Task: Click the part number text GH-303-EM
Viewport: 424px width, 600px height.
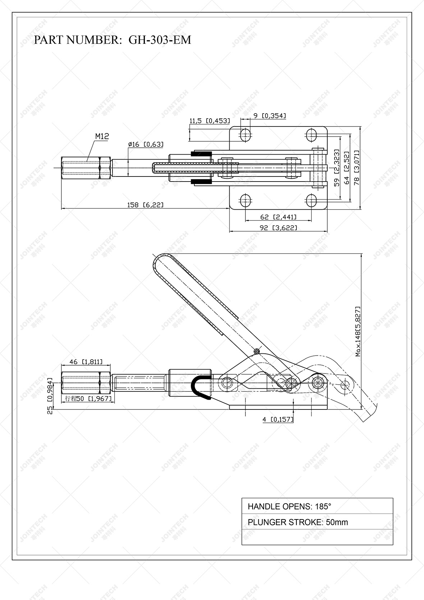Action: click(x=160, y=40)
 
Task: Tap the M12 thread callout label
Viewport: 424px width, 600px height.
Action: click(x=102, y=137)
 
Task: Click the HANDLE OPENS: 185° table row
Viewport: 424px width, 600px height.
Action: click(x=317, y=507)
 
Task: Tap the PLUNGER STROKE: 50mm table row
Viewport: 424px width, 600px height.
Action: click(x=317, y=522)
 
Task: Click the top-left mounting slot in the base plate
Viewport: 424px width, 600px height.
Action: click(x=245, y=135)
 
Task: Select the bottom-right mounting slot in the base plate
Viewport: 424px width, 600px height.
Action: click(x=312, y=200)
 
